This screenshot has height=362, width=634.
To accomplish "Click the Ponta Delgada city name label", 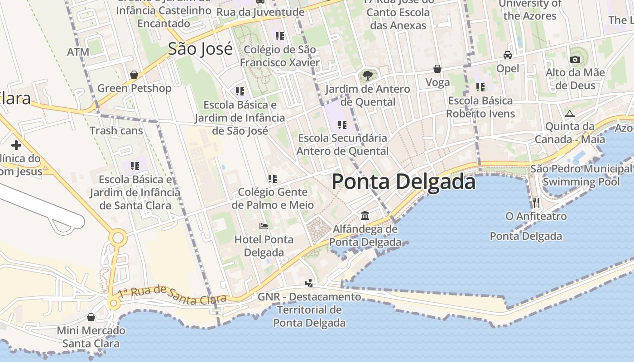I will click(403, 181).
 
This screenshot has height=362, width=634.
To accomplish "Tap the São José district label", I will click(200, 49).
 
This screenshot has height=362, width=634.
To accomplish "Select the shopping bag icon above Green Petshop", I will click(134, 75).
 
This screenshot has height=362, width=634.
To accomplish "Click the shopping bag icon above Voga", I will click(437, 69).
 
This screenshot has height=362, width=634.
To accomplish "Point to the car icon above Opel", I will click(508, 55).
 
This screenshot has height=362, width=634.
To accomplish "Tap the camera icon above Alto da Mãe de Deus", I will click(575, 59).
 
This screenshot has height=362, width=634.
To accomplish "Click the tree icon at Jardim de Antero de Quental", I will click(367, 75).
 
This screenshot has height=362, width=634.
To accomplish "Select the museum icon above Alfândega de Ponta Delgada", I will click(365, 215).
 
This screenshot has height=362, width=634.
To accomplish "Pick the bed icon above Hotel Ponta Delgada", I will click(264, 226).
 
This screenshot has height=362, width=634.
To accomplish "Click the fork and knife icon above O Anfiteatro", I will click(536, 202).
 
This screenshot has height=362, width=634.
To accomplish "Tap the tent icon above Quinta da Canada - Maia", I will click(570, 114).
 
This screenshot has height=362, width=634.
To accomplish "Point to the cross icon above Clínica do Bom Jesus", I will click(16, 145).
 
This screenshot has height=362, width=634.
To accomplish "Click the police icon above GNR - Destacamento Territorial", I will click(309, 283).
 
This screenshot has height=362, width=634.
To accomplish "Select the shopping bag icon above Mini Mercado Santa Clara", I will click(91, 317).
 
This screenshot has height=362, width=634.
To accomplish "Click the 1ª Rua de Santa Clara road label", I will click(172, 295).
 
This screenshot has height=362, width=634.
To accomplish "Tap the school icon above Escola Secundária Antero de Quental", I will click(342, 124).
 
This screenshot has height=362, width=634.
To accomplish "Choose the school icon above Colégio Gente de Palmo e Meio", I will click(272, 179).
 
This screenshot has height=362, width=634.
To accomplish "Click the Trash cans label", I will click(116, 131).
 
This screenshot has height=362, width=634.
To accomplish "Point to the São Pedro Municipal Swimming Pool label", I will click(581, 175).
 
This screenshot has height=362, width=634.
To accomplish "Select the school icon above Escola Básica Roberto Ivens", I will click(480, 87).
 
